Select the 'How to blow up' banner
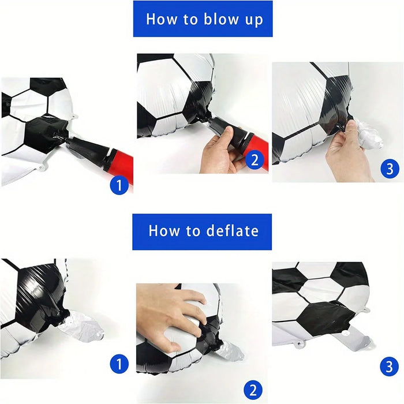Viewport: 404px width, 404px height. click(x=203, y=18)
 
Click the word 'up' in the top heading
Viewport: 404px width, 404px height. click(x=252, y=20)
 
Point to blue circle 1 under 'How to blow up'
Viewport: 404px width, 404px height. click(x=119, y=186)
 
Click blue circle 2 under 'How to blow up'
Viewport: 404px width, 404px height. click(x=255, y=160)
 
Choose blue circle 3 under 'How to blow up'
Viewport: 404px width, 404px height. click(x=389, y=169)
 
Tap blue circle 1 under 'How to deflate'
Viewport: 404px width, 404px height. click(x=119, y=364)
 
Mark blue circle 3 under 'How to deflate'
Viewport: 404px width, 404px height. click(x=389, y=366)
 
